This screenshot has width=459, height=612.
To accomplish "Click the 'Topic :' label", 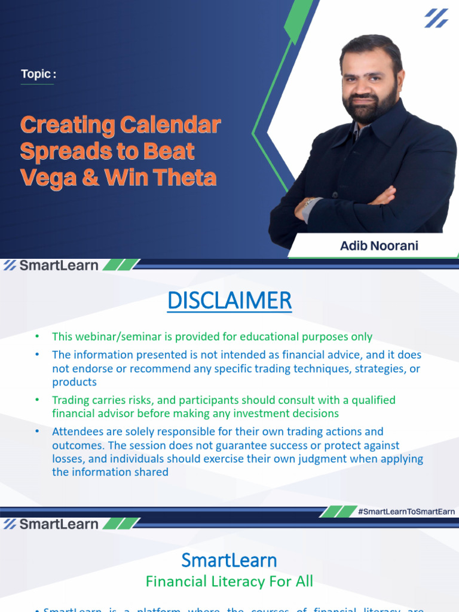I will click(38, 74).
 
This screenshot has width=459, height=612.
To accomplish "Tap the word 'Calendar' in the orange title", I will click(170, 126).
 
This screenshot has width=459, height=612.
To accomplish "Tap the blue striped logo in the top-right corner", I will click(436, 18).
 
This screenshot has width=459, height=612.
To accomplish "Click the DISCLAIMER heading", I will click(229, 301).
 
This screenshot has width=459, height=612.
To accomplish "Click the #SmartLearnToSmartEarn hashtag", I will click(406, 511).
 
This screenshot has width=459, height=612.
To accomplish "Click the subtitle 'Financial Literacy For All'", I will click(229, 581).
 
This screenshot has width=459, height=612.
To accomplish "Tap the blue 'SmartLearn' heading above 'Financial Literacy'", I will click(229, 560).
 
